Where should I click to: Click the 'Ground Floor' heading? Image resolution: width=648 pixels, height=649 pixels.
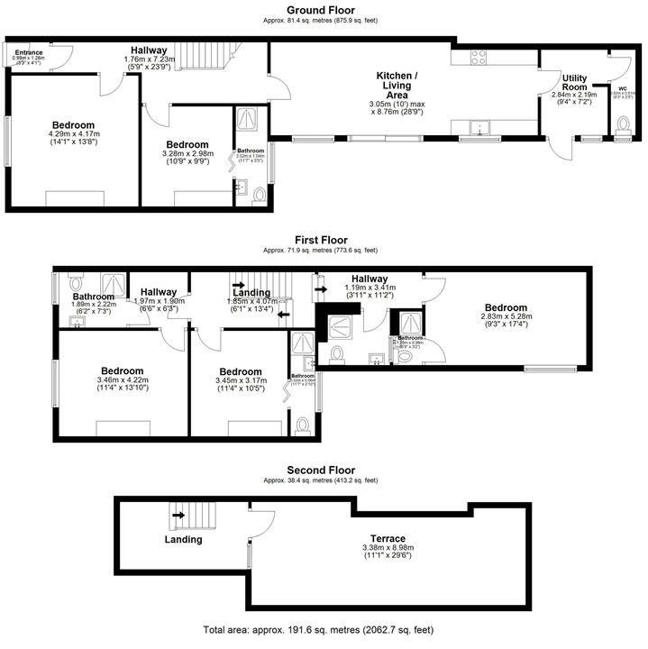pos(324,10)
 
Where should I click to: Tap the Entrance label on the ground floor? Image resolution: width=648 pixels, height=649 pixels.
pos(28,53)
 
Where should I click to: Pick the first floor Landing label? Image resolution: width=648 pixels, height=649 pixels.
pos(251,292)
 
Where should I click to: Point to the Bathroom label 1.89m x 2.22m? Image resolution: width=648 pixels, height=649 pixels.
pos(94,297)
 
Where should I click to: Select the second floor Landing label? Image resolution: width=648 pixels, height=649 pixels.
pos(183,540)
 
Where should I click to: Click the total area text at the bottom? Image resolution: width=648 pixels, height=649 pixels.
pos(324,629)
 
